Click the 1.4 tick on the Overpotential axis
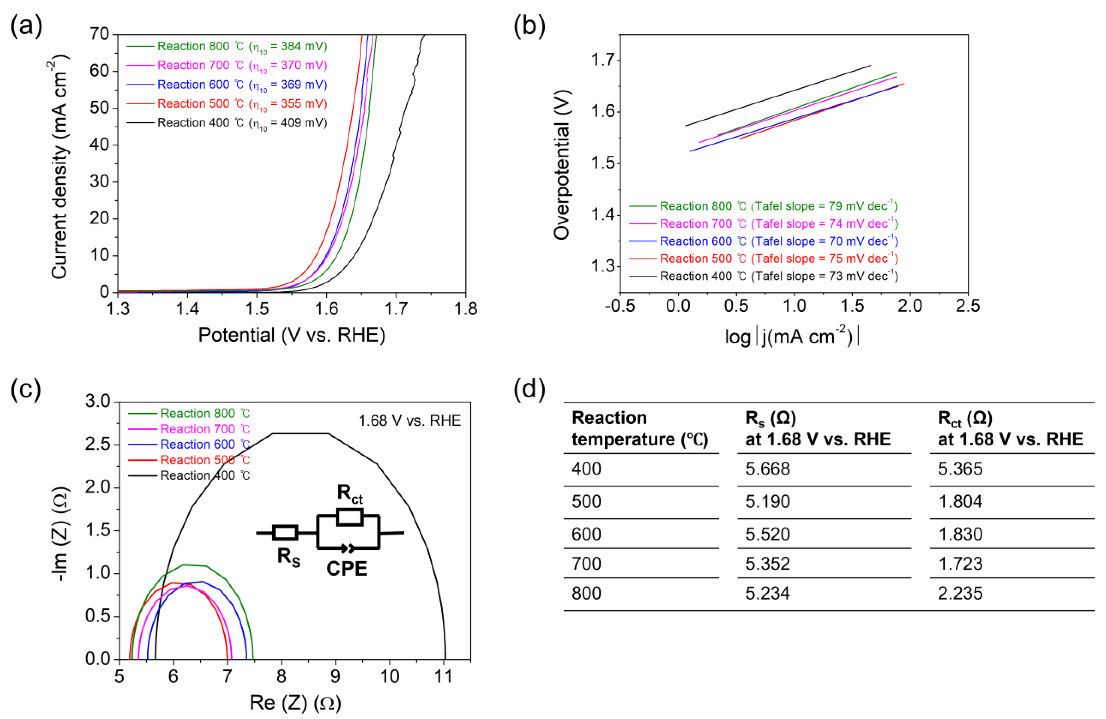point(602,215)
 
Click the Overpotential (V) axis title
point(562,165)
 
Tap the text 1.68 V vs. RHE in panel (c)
point(409,420)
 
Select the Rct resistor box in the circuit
point(349,517)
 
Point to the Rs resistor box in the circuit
point(285,533)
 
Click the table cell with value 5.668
point(768,468)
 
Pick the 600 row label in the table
point(586,534)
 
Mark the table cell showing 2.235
point(960,594)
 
